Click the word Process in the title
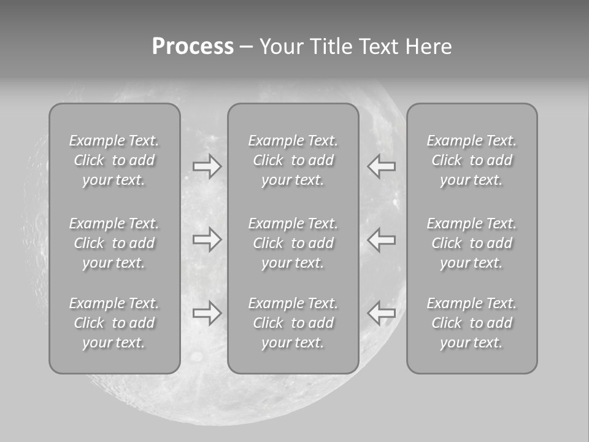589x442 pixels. [193, 47]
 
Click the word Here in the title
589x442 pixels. [428, 47]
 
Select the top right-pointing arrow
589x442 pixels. [207, 166]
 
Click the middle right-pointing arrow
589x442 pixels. [207, 239]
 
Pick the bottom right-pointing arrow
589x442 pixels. [207, 313]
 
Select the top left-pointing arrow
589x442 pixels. [381, 166]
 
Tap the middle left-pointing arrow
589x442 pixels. [381, 239]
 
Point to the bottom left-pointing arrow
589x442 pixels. [381, 313]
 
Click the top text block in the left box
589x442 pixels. [114, 160]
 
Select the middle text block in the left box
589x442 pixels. [114, 243]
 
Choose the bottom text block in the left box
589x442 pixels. [114, 323]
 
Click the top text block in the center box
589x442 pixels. [293, 160]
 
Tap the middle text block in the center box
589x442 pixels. [293, 243]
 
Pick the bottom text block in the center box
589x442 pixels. [293, 323]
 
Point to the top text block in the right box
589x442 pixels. [472, 160]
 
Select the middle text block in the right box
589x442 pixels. [472, 243]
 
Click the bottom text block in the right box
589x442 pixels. [472, 323]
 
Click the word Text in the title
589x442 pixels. [379, 47]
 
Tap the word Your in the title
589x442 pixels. [282, 47]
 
